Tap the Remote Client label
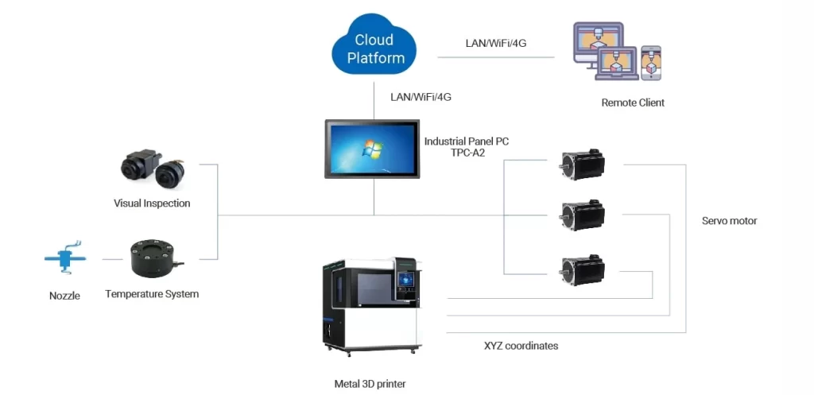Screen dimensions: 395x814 point(633,103)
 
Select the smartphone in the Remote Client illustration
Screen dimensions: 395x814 point(651,62)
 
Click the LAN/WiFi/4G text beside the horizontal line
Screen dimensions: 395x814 point(496,43)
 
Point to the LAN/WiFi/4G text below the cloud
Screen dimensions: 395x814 point(421,97)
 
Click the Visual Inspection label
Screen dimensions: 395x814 point(152,203)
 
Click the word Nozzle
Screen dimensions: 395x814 point(64,296)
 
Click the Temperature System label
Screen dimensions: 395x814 point(152,294)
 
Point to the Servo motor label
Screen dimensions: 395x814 point(729,221)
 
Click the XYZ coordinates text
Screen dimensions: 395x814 point(521,346)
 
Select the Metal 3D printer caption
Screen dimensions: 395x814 point(370,384)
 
